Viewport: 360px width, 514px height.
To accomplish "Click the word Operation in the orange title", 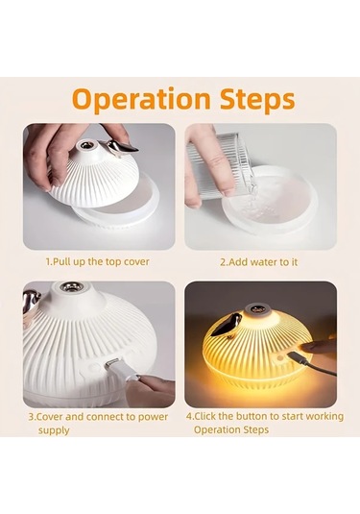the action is [x=141, y=99].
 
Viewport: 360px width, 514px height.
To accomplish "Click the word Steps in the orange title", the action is [x=257, y=99].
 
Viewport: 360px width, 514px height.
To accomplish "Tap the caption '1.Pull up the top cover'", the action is [x=97, y=261].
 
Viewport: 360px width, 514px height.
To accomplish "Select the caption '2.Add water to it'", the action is [x=259, y=262].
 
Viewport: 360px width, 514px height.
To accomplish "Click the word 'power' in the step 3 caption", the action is [x=153, y=417].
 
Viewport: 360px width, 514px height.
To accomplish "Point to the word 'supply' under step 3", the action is [x=54, y=430].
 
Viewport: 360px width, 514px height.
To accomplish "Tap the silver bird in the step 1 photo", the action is [x=121, y=147].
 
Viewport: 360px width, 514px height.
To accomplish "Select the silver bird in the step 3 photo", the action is [x=32, y=306].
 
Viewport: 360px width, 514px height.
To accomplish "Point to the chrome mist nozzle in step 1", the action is [x=85, y=145].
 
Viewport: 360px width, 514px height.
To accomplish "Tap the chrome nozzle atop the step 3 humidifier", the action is [x=72, y=287].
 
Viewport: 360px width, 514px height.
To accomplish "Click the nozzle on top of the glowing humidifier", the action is [x=258, y=308].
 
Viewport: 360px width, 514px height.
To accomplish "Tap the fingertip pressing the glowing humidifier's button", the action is [x=305, y=348].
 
